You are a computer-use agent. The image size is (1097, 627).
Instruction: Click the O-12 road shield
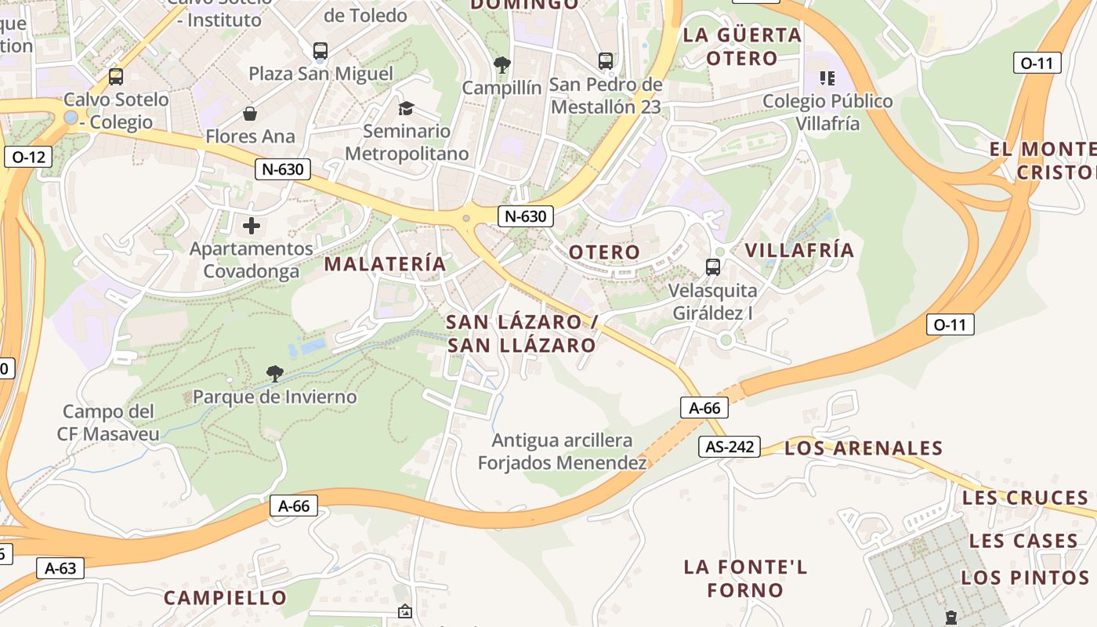[x=29, y=157]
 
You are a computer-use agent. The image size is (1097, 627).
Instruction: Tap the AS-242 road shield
[x=730, y=447]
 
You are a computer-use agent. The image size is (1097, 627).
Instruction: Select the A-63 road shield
[x=60, y=568]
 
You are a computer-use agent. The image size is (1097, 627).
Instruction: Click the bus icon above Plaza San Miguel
[x=320, y=51]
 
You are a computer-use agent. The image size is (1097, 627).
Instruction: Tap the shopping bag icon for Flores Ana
[x=250, y=114]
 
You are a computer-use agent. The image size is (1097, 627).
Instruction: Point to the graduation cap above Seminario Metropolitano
[x=406, y=108]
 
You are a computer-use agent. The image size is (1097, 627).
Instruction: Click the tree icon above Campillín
[x=501, y=64]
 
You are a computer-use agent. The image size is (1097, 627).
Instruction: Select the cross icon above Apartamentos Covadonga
[x=251, y=227]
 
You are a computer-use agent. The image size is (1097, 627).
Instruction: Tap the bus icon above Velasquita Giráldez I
[x=713, y=266]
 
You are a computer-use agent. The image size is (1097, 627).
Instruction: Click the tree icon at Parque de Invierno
[x=274, y=373]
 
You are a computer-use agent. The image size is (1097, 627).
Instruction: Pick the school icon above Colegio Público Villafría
[x=827, y=78]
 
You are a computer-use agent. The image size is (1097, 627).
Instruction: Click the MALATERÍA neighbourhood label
[x=385, y=264]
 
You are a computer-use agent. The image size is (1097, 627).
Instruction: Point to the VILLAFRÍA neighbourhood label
[x=799, y=250]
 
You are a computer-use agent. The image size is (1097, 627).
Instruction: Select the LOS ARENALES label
[x=863, y=448]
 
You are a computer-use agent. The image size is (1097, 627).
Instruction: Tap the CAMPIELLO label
[x=226, y=598]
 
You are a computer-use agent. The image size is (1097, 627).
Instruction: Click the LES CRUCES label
[x=1025, y=498]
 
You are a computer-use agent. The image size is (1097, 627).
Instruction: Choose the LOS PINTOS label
[x=1025, y=578]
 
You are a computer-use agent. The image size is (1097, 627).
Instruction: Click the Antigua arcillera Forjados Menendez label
[x=563, y=452]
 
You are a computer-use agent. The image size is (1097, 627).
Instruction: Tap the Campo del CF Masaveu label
[x=108, y=422]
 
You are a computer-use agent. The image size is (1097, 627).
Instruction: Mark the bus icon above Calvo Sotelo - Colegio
[x=116, y=77]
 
